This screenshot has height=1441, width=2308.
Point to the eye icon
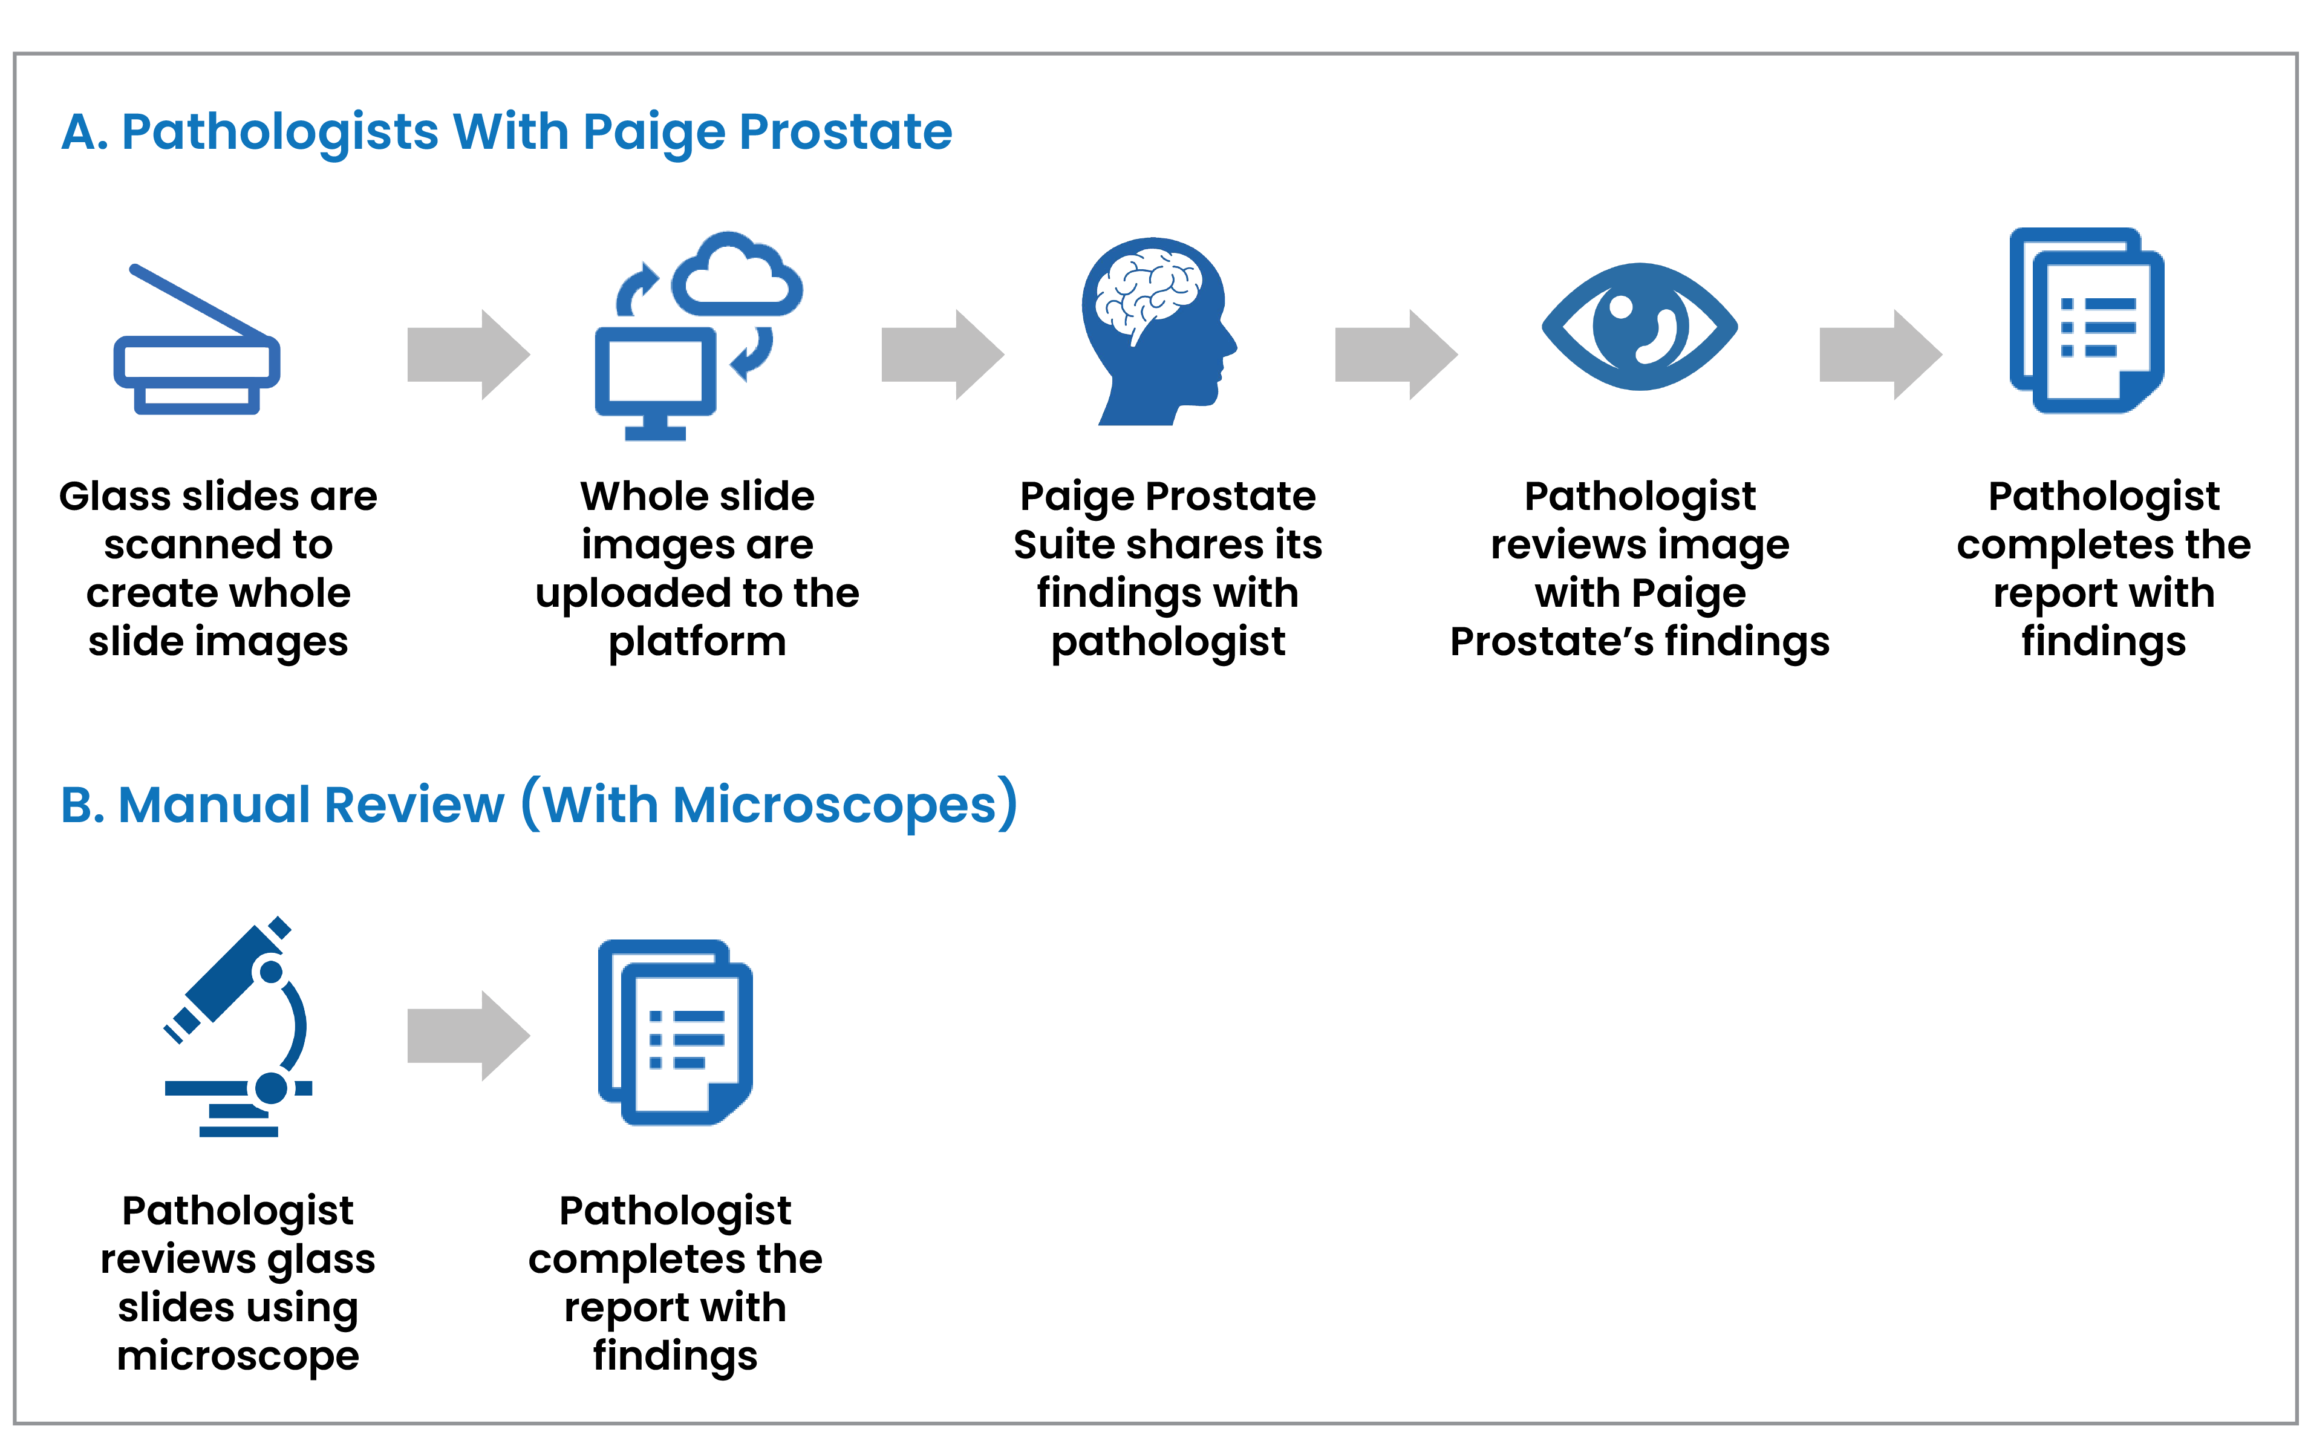1639,326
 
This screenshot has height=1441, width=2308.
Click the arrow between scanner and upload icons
468,355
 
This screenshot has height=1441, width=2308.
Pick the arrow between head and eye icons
1395,355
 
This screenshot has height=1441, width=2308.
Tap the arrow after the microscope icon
468,1036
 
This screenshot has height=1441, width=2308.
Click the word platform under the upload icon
697,642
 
